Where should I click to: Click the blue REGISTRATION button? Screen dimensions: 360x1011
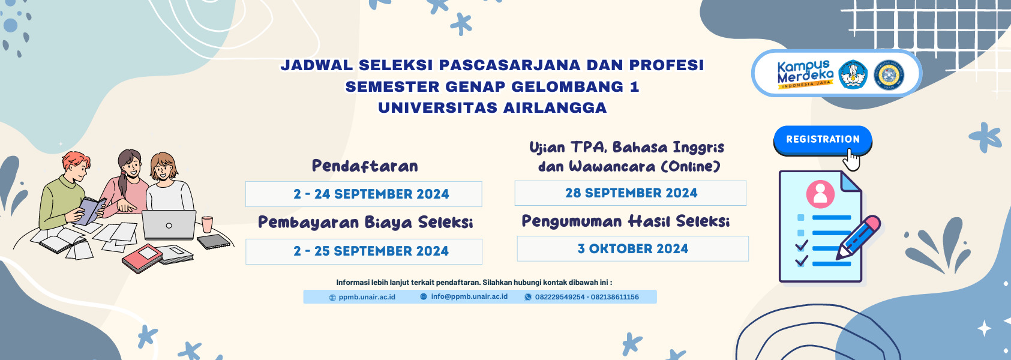pyautogui.click(x=823, y=139)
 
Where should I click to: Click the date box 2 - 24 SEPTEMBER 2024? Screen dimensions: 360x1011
pyautogui.click(x=364, y=194)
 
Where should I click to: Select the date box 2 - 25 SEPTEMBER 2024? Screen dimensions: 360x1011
pyautogui.click(x=364, y=251)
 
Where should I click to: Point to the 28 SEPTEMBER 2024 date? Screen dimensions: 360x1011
pyautogui.click(x=631, y=193)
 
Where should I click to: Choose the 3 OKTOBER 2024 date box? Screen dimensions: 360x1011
pyautogui.click(x=632, y=248)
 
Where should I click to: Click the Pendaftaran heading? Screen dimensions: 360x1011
pyautogui.click(x=365, y=166)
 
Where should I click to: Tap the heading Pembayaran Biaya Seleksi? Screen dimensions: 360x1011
pyautogui.click(x=365, y=223)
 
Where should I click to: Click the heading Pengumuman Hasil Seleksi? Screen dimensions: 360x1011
pyautogui.click(x=625, y=221)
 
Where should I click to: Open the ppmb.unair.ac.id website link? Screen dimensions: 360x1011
pyautogui.click(x=367, y=297)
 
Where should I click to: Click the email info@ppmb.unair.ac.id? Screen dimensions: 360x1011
pyautogui.click(x=469, y=296)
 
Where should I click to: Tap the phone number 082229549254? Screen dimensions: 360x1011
pyautogui.click(x=559, y=297)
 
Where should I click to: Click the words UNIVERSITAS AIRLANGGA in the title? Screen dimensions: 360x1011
pyautogui.click(x=492, y=108)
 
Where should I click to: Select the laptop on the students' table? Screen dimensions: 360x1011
pyautogui.click(x=169, y=225)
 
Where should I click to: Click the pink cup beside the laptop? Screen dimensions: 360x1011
pyautogui.click(x=207, y=224)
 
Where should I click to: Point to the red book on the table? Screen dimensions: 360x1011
pyautogui.click(x=142, y=258)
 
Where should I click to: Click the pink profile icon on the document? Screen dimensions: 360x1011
pyautogui.click(x=820, y=194)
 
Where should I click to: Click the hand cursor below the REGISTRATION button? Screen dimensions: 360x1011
pyautogui.click(x=851, y=160)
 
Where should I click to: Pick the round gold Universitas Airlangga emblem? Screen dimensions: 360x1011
pyautogui.click(x=889, y=76)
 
